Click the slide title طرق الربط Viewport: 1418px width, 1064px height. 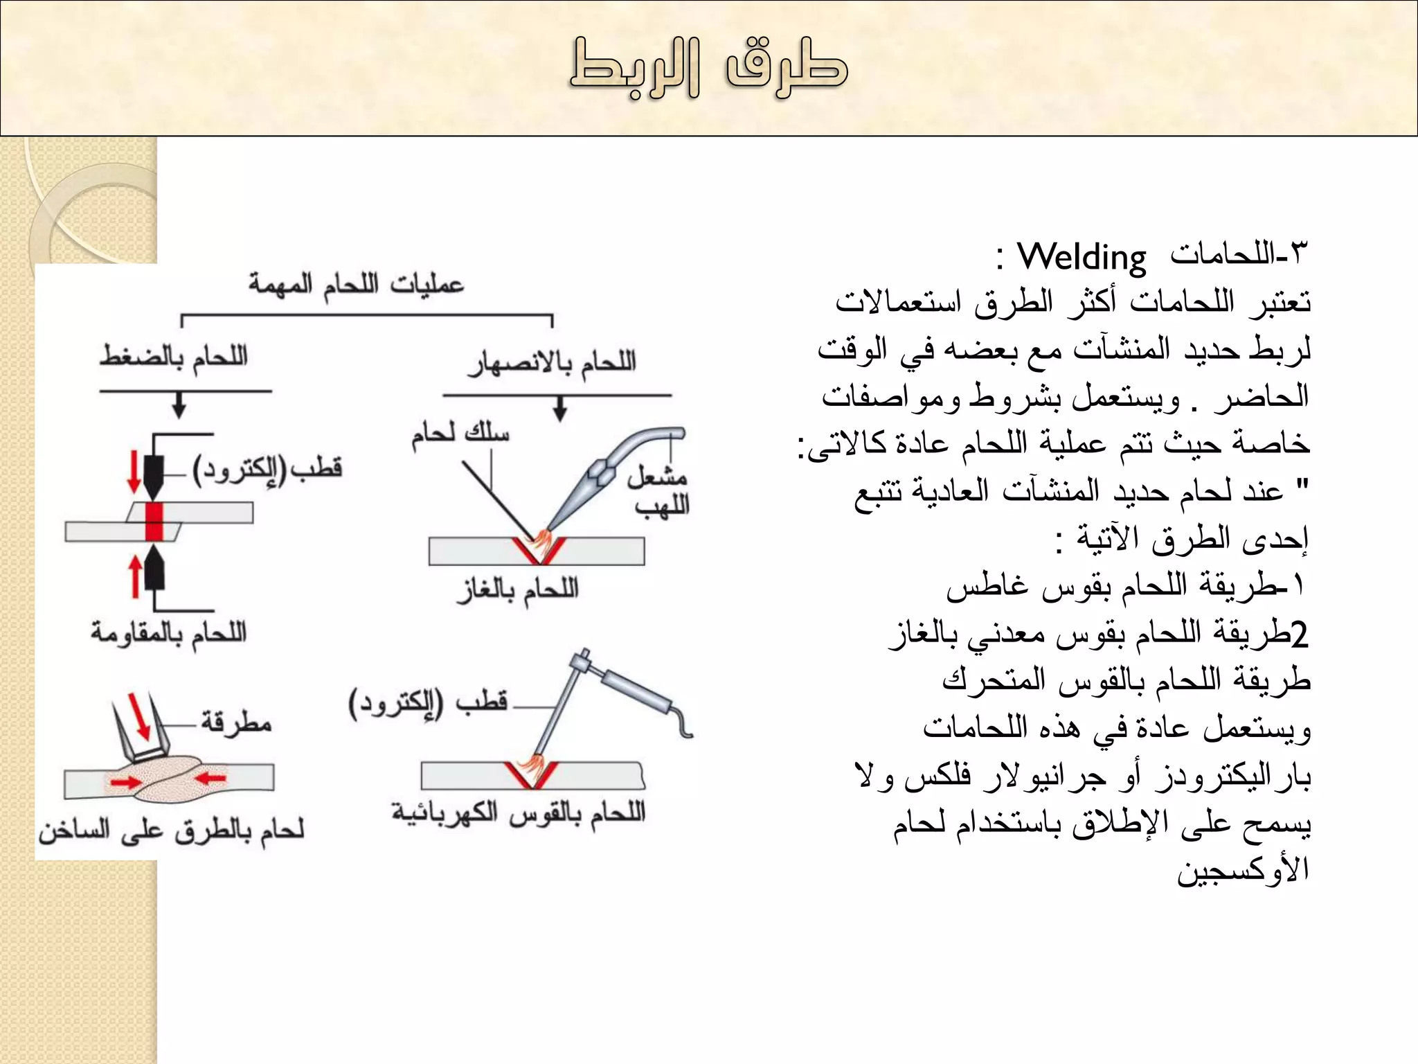click(708, 68)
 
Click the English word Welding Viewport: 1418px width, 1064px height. click(1081, 258)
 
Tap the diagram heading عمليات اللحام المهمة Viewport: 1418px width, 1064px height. click(356, 284)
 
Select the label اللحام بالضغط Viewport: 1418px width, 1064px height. click(173, 357)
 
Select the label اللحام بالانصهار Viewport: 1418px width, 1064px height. click(552, 362)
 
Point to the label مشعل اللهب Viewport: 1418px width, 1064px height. click(658, 490)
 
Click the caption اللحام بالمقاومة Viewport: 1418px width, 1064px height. click(168, 632)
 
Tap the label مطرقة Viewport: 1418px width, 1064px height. click(236, 722)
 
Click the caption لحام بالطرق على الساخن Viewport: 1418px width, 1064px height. click(172, 829)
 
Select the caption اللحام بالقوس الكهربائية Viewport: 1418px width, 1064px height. click(518, 813)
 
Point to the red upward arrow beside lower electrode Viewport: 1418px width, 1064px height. click(136, 577)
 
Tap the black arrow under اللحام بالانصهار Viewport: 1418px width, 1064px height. click(560, 409)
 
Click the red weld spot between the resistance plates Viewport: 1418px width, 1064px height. click(154, 522)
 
